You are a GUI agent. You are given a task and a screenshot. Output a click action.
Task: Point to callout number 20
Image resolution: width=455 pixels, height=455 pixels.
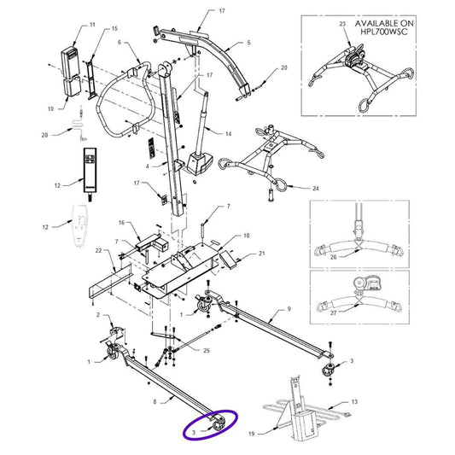tap(249, 42)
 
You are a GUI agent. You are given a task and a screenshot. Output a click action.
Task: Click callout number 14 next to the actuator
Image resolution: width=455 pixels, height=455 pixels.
tap(230, 134)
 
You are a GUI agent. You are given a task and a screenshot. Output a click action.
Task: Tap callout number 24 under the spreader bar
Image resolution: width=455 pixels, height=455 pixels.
tap(316, 188)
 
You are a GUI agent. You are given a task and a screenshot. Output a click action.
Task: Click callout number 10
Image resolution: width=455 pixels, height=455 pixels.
tap(50, 108)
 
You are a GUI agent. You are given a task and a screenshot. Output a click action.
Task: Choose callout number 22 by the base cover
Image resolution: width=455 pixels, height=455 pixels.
tap(97, 250)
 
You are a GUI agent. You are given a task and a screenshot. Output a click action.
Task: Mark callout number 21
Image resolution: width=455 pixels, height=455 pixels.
tap(262, 254)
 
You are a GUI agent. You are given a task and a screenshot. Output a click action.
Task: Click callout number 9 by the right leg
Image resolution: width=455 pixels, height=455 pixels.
tap(289, 308)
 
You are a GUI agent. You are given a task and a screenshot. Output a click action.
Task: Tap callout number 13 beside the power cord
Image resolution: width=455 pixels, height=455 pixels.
tap(356, 400)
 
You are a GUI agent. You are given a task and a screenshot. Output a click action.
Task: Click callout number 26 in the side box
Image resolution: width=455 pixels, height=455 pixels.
tap(334, 255)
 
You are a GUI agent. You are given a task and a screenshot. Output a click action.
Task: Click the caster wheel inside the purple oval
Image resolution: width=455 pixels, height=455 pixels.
tap(218, 422)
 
